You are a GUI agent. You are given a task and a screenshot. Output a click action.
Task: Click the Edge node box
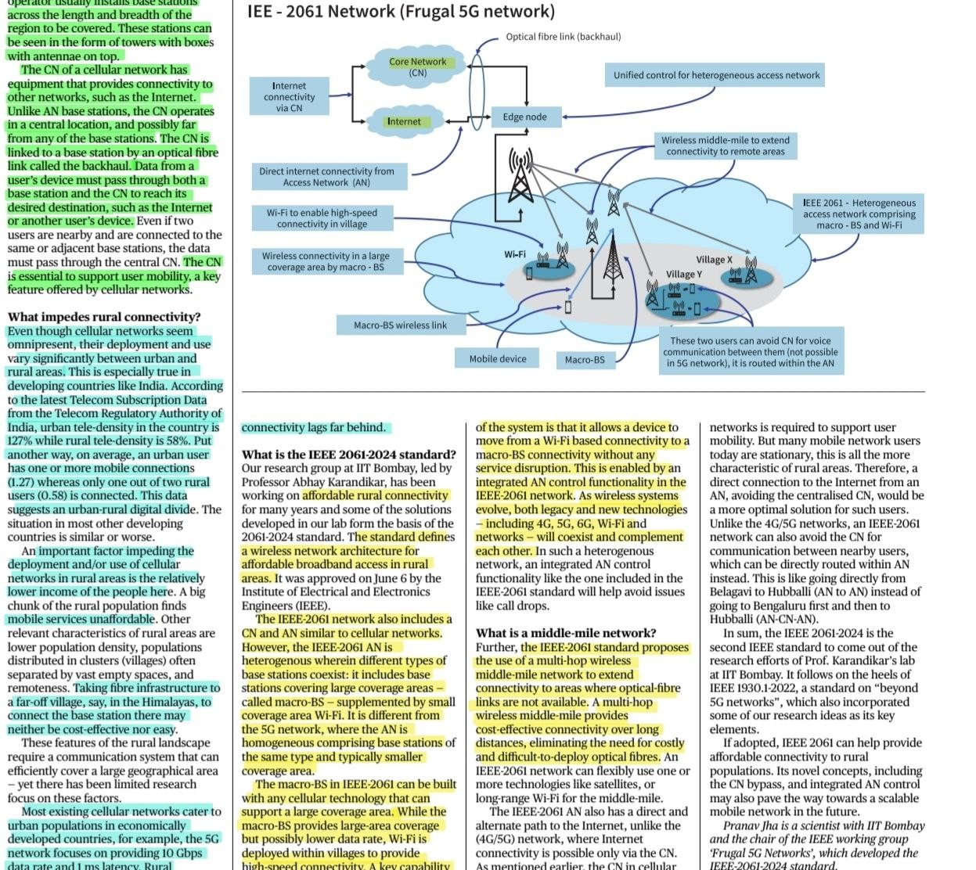[x=526, y=117]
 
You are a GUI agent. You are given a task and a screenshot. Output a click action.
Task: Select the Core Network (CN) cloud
[x=416, y=67]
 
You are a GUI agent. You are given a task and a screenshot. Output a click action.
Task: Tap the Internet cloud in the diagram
[x=405, y=121]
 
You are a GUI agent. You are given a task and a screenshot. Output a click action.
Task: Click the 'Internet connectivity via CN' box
[x=289, y=96]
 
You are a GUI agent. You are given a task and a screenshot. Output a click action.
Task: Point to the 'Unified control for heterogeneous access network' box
[x=715, y=75]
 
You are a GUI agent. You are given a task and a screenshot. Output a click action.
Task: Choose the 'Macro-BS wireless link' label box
[x=401, y=325]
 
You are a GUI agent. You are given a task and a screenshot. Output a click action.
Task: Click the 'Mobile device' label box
[x=497, y=358]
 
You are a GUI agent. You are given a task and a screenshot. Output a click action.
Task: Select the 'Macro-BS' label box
[x=585, y=359]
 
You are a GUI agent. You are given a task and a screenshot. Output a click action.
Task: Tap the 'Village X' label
[x=714, y=260]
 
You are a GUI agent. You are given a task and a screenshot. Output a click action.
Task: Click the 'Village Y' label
[x=684, y=274]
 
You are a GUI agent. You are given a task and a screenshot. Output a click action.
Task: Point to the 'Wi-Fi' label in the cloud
[x=515, y=254]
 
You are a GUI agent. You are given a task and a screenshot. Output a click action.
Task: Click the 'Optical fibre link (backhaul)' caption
[x=564, y=37]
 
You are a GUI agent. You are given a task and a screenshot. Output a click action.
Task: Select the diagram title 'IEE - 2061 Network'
[x=321, y=11]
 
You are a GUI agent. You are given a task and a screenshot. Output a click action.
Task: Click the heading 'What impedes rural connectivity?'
[x=104, y=317]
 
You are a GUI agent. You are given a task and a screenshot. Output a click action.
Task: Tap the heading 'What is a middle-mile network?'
[x=566, y=633]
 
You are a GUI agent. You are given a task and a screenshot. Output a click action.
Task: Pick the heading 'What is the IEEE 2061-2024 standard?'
[x=349, y=455]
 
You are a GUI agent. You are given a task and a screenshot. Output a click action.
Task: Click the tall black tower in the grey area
[x=613, y=255]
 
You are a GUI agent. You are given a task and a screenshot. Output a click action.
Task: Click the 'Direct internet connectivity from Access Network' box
[x=330, y=177]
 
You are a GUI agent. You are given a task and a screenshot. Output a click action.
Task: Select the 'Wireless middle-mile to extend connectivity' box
[x=726, y=146]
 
